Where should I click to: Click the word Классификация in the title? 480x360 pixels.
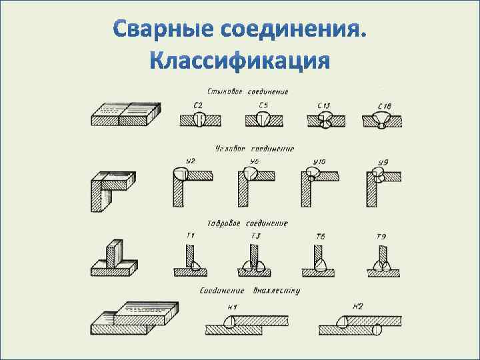click(x=239, y=61)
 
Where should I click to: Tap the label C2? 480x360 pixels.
click(x=198, y=105)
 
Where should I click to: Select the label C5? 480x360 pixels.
click(x=263, y=105)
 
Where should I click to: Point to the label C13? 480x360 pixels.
click(x=325, y=105)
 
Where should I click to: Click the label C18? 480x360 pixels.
click(x=385, y=106)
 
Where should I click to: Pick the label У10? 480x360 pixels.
click(x=319, y=162)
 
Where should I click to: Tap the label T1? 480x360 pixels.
click(x=191, y=235)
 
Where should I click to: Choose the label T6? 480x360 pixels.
click(x=321, y=236)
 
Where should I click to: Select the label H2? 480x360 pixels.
click(x=357, y=307)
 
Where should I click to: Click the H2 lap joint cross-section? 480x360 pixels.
click(x=360, y=327)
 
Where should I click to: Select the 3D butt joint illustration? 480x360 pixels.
click(x=125, y=114)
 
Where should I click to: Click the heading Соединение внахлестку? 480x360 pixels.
click(x=250, y=291)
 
